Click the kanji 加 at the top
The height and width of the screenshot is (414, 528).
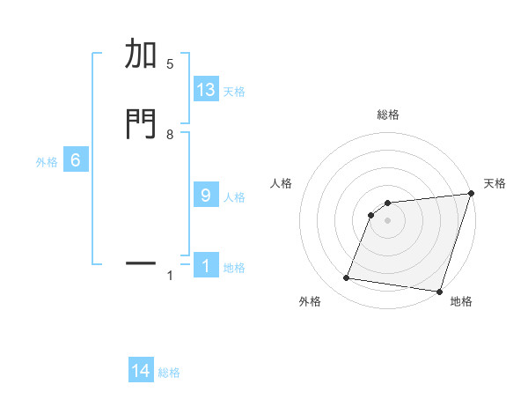click(141, 55)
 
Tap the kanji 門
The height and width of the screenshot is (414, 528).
click(141, 123)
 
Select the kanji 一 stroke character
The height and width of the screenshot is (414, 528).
click(141, 262)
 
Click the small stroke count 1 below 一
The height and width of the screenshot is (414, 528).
click(170, 277)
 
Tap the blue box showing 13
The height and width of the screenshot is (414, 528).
click(206, 90)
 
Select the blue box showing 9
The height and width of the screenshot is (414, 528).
click(206, 196)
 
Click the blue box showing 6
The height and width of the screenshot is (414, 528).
click(76, 160)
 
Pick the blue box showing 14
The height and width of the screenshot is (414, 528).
click(141, 372)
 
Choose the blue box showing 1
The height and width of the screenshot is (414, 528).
click(206, 266)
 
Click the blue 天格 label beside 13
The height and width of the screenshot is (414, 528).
click(234, 92)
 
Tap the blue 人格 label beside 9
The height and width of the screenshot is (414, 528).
click(234, 197)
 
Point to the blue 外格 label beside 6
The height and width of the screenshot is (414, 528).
click(47, 162)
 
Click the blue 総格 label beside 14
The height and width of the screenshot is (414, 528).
click(169, 373)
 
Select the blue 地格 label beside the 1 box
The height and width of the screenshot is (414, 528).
click(234, 268)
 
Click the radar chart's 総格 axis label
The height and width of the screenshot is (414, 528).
click(388, 115)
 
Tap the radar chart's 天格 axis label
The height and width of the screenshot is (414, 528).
click(495, 183)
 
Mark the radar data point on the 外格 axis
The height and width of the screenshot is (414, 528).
click(347, 278)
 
